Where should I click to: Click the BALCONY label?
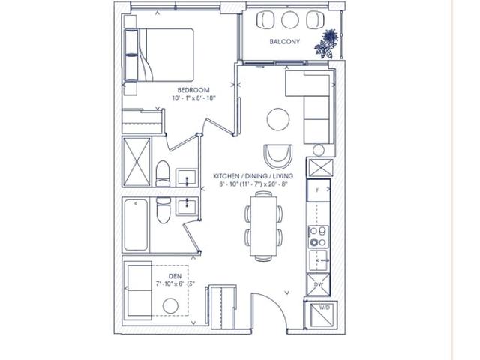[x=285, y=42]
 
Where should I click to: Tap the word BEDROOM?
[x=193, y=90]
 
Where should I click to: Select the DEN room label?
[x=175, y=276]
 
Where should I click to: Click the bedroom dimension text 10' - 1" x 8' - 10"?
[x=194, y=98]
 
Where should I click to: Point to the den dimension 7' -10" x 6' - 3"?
[x=175, y=283]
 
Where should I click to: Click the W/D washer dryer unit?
[x=320, y=315]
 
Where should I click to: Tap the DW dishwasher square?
[x=319, y=284]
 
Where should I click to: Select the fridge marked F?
[x=319, y=190]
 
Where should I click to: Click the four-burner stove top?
[x=318, y=237]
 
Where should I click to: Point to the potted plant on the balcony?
[x=327, y=43]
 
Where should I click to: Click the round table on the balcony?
[x=290, y=20]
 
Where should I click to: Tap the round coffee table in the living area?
[x=278, y=119]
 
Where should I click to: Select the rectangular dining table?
[x=263, y=226]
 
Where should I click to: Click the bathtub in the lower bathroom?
[x=136, y=225]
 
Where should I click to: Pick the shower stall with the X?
[x=136, y=162]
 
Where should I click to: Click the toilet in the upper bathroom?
[x=163, y=174]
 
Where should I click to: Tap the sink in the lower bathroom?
[x=187, y=206]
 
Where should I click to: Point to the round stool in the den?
[x=170, y=306]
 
